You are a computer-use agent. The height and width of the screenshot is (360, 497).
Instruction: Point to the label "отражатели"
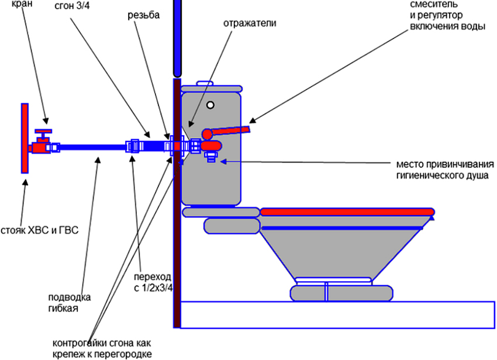click(x=249, y=24)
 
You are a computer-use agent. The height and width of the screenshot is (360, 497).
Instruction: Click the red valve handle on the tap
click(x=43, y=131)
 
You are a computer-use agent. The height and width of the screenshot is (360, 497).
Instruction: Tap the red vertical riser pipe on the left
click(x=25, y=138)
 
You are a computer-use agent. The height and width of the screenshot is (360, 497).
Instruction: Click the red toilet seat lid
click(x=347, y=211)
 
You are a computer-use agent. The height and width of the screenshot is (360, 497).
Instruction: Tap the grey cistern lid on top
click(x=211, y=88)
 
